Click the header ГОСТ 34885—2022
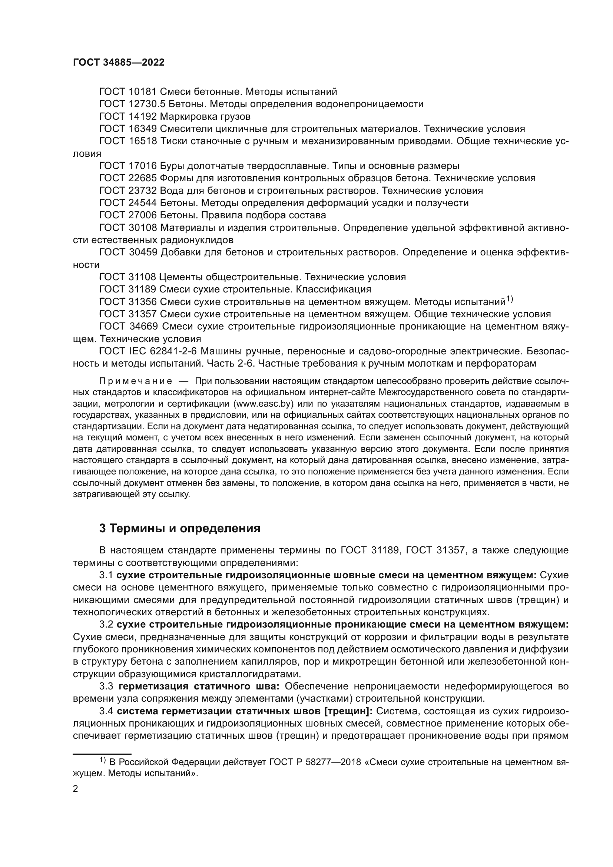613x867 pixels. click(x=119, y=63)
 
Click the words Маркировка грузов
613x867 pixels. click(x=205, y=116)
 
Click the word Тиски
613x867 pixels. click(x=172, y=141)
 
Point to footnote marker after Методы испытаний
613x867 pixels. click(x=509, y=300)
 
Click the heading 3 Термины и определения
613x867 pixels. click(x=180, y=528)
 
